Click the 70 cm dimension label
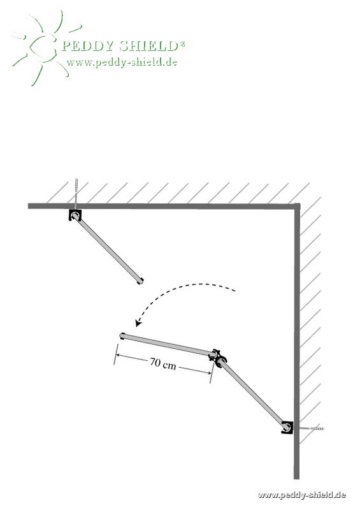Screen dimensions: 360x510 (162, 363)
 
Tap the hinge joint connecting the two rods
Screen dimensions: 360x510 (217, 357)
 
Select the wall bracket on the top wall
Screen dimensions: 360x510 (75, 215)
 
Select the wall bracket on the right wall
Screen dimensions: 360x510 (287, 427)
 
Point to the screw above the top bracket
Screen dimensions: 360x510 (76, 194)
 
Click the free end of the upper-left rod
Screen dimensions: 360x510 (140, 281)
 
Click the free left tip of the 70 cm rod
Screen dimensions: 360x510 (122, 335)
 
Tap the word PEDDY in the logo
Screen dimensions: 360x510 (87, 46)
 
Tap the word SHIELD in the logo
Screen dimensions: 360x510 (148, 46)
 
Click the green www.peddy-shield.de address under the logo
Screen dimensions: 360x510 (122, 62)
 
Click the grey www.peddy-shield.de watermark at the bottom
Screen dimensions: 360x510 (301, 495)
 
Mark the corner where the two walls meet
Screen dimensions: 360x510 (297, 206)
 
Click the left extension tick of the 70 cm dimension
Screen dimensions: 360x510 (115, 354)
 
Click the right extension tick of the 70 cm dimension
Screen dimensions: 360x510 (212, 373)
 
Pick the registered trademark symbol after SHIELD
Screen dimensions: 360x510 (182, 43)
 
